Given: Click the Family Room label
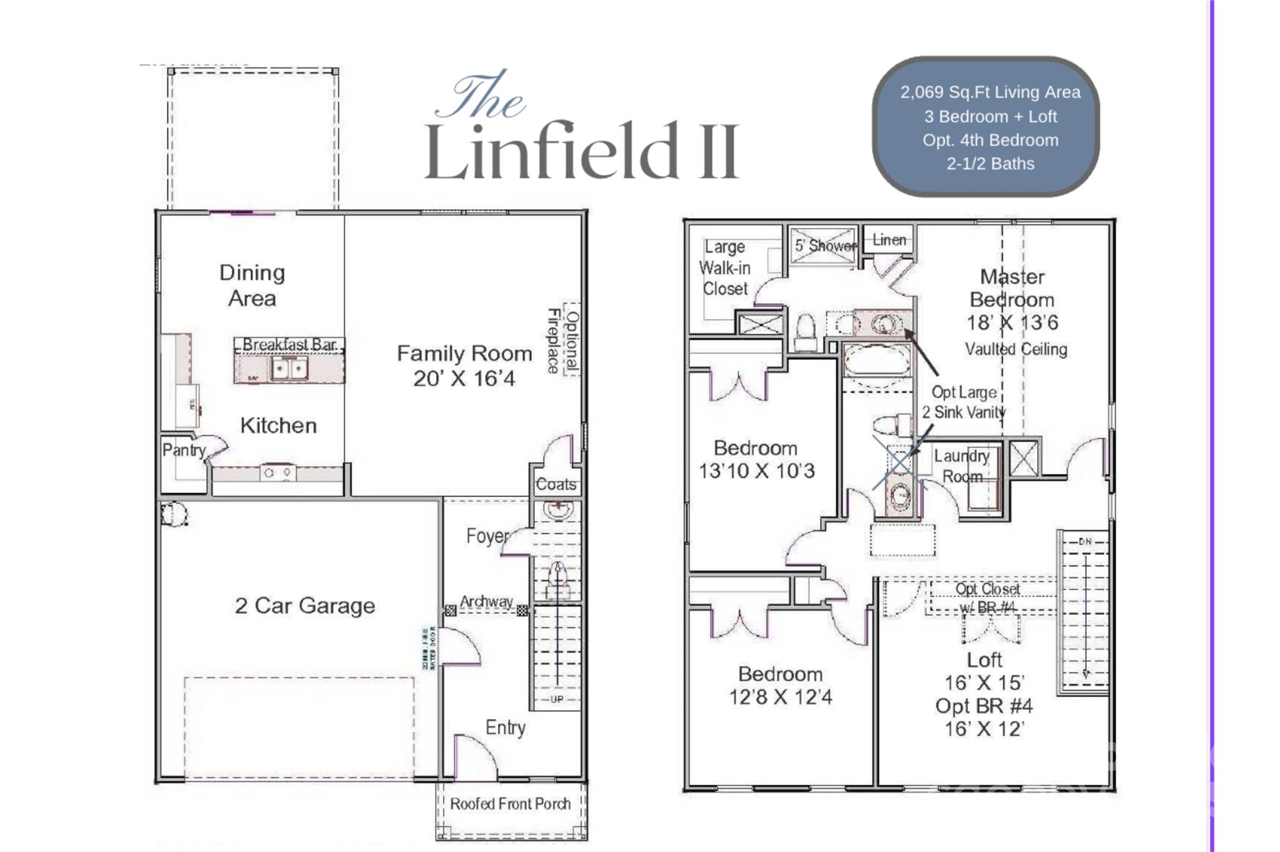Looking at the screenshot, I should (x=464, y=354).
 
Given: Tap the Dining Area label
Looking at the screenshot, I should (x=252, y=285).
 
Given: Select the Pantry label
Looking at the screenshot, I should (x=183, y=450).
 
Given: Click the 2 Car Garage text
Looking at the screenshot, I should (x=305, y=605).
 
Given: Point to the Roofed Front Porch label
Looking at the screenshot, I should (x=510, y=804).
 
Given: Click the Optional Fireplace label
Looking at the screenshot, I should (x=564, y=340).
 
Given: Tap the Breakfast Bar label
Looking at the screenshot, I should (x=289, y=344).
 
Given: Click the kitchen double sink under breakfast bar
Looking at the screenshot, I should (x=289, y=369).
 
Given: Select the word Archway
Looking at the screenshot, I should (x=486, y=602).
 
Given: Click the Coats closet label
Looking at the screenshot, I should (x=556, y=484).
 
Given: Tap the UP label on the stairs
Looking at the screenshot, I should (x=556, y=699).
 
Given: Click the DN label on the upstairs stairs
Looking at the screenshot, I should (x=1085, y=542).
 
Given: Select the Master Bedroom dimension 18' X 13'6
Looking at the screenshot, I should (x=1012, y=323).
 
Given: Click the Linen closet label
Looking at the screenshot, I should (x=889, y=240).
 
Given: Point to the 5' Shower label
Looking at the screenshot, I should (x=825, y=245).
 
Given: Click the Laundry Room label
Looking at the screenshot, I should (x=962, y=466).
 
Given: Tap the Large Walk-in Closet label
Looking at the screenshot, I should (x=724, y=268).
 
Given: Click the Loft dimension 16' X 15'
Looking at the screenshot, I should (x=984, y=682).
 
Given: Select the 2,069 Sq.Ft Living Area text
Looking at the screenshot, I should (x=990, y=92).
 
